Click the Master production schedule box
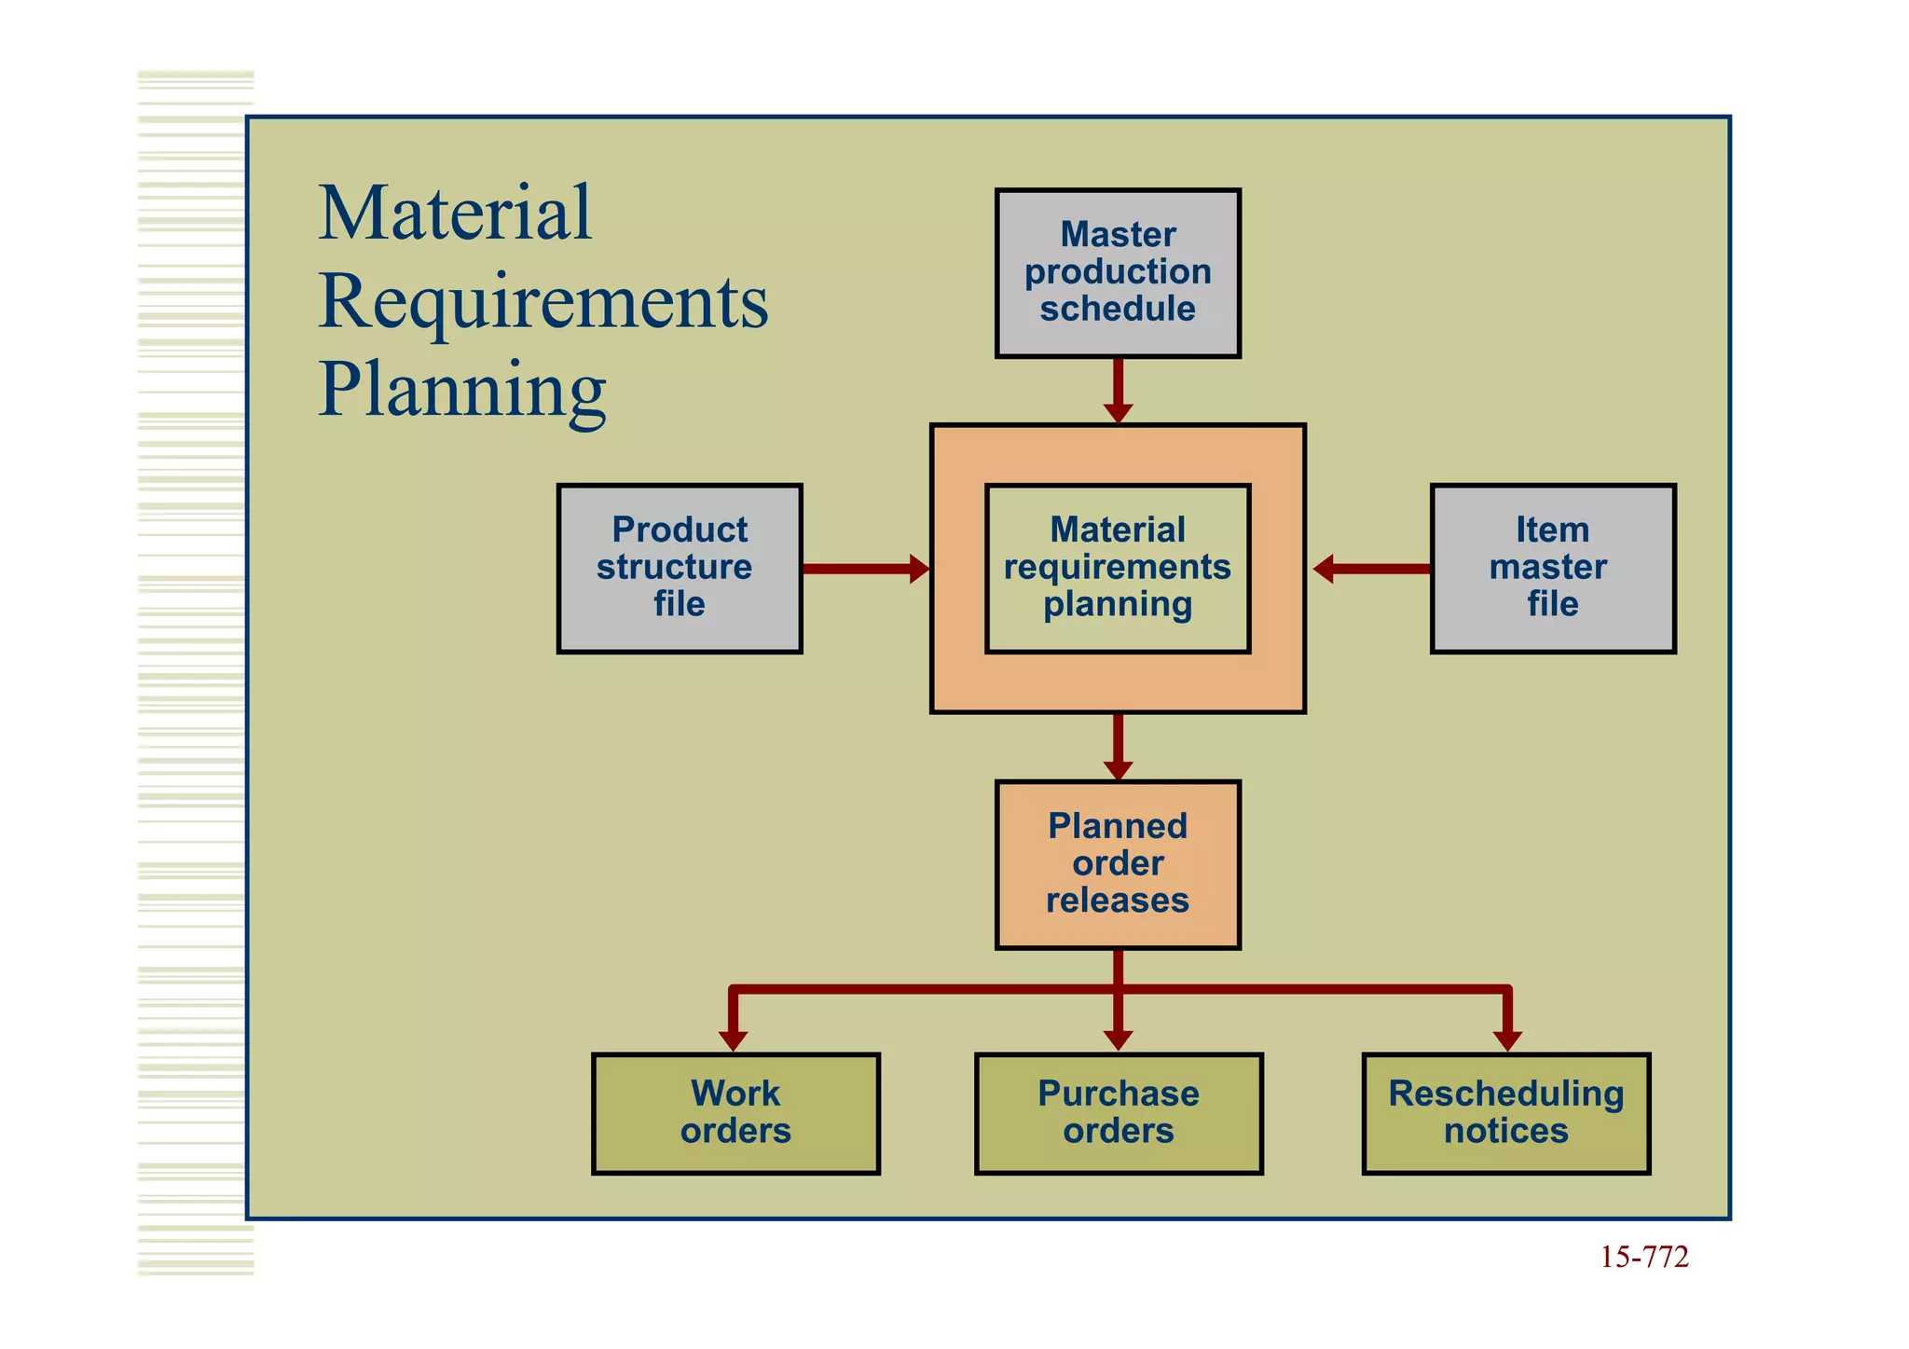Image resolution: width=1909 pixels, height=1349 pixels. (x=1117, y=272)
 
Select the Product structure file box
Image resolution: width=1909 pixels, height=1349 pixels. (x=679, y=568)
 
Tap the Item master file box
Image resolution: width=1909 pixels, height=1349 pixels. (x=1552, y=568)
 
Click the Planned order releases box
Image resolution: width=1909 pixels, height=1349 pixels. (x=1117, y=864)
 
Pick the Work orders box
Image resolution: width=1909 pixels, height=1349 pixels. (x=735, y=1113)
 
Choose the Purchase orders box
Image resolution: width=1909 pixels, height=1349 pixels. (x=1118, y=1113)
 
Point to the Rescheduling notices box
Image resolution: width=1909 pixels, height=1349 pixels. (x=1505, y=1113)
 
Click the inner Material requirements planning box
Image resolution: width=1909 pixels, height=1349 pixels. (x=1117, y=568)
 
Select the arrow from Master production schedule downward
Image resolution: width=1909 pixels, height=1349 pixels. (x=1118, y=391)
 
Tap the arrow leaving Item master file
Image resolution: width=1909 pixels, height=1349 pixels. (x=1370, y=568)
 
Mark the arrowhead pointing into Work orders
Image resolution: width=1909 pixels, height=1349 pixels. (x=733, y=1039)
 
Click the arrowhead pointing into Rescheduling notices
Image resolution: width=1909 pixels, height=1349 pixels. (x=1506, y=1039)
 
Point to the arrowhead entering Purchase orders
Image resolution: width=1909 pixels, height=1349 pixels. (x=1118, y=1039)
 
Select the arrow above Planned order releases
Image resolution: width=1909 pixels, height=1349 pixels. (x=1118, y=747)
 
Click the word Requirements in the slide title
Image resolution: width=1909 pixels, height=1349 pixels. (x=542, y=302)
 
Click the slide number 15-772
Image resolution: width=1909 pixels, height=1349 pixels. (x=1643, y=1258)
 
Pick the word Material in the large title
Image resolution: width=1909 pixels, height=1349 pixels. (x=454, y=213)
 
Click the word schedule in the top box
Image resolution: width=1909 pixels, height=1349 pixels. (x=1117, y=309)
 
